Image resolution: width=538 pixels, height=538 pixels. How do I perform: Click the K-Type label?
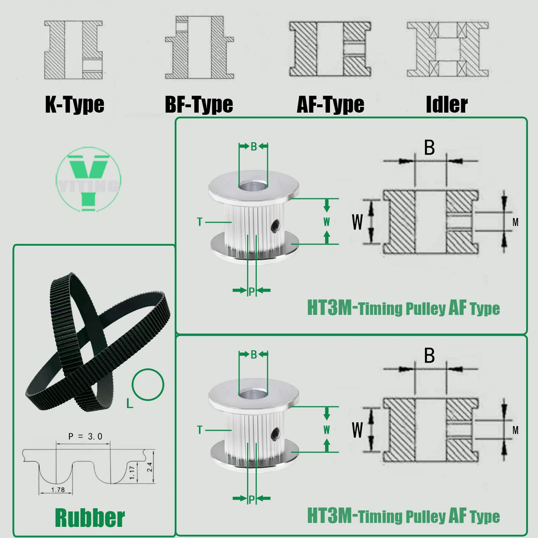[x=75, y=104]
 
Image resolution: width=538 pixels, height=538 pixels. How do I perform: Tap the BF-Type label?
[x=199, y=104]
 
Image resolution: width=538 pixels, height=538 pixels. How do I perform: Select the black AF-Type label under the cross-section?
[x=330, y=104]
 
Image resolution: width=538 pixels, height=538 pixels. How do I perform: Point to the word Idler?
[x=447, y=104]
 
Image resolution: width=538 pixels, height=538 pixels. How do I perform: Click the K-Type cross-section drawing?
[x=74, y=50]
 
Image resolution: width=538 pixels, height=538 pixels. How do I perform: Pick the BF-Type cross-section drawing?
[x=199, y=48]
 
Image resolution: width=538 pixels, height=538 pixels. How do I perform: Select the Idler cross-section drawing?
[x=448, y=49]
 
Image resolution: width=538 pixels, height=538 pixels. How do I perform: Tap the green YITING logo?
[x=89, y=179]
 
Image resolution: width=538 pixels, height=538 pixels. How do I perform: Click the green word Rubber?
[x=90, y=518]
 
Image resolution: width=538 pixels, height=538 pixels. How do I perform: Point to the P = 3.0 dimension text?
[x=85, y=436]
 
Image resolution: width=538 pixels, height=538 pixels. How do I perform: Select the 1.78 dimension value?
[x=58, y=490]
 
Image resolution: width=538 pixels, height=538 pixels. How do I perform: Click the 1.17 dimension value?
[x=132, y=472]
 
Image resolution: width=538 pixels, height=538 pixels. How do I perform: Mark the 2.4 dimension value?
[x=150, y=467]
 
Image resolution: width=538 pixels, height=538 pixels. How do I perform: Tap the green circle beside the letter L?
[x=148, y=384]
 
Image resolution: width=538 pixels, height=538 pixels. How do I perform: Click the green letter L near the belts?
[x=129, y=404]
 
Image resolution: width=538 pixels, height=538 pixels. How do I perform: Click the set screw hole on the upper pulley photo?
[x=275, y=226]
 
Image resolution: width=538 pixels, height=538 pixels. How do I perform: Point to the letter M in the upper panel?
[x=515, y=222]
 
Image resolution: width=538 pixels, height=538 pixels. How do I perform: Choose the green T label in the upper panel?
[x=200, y=222]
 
